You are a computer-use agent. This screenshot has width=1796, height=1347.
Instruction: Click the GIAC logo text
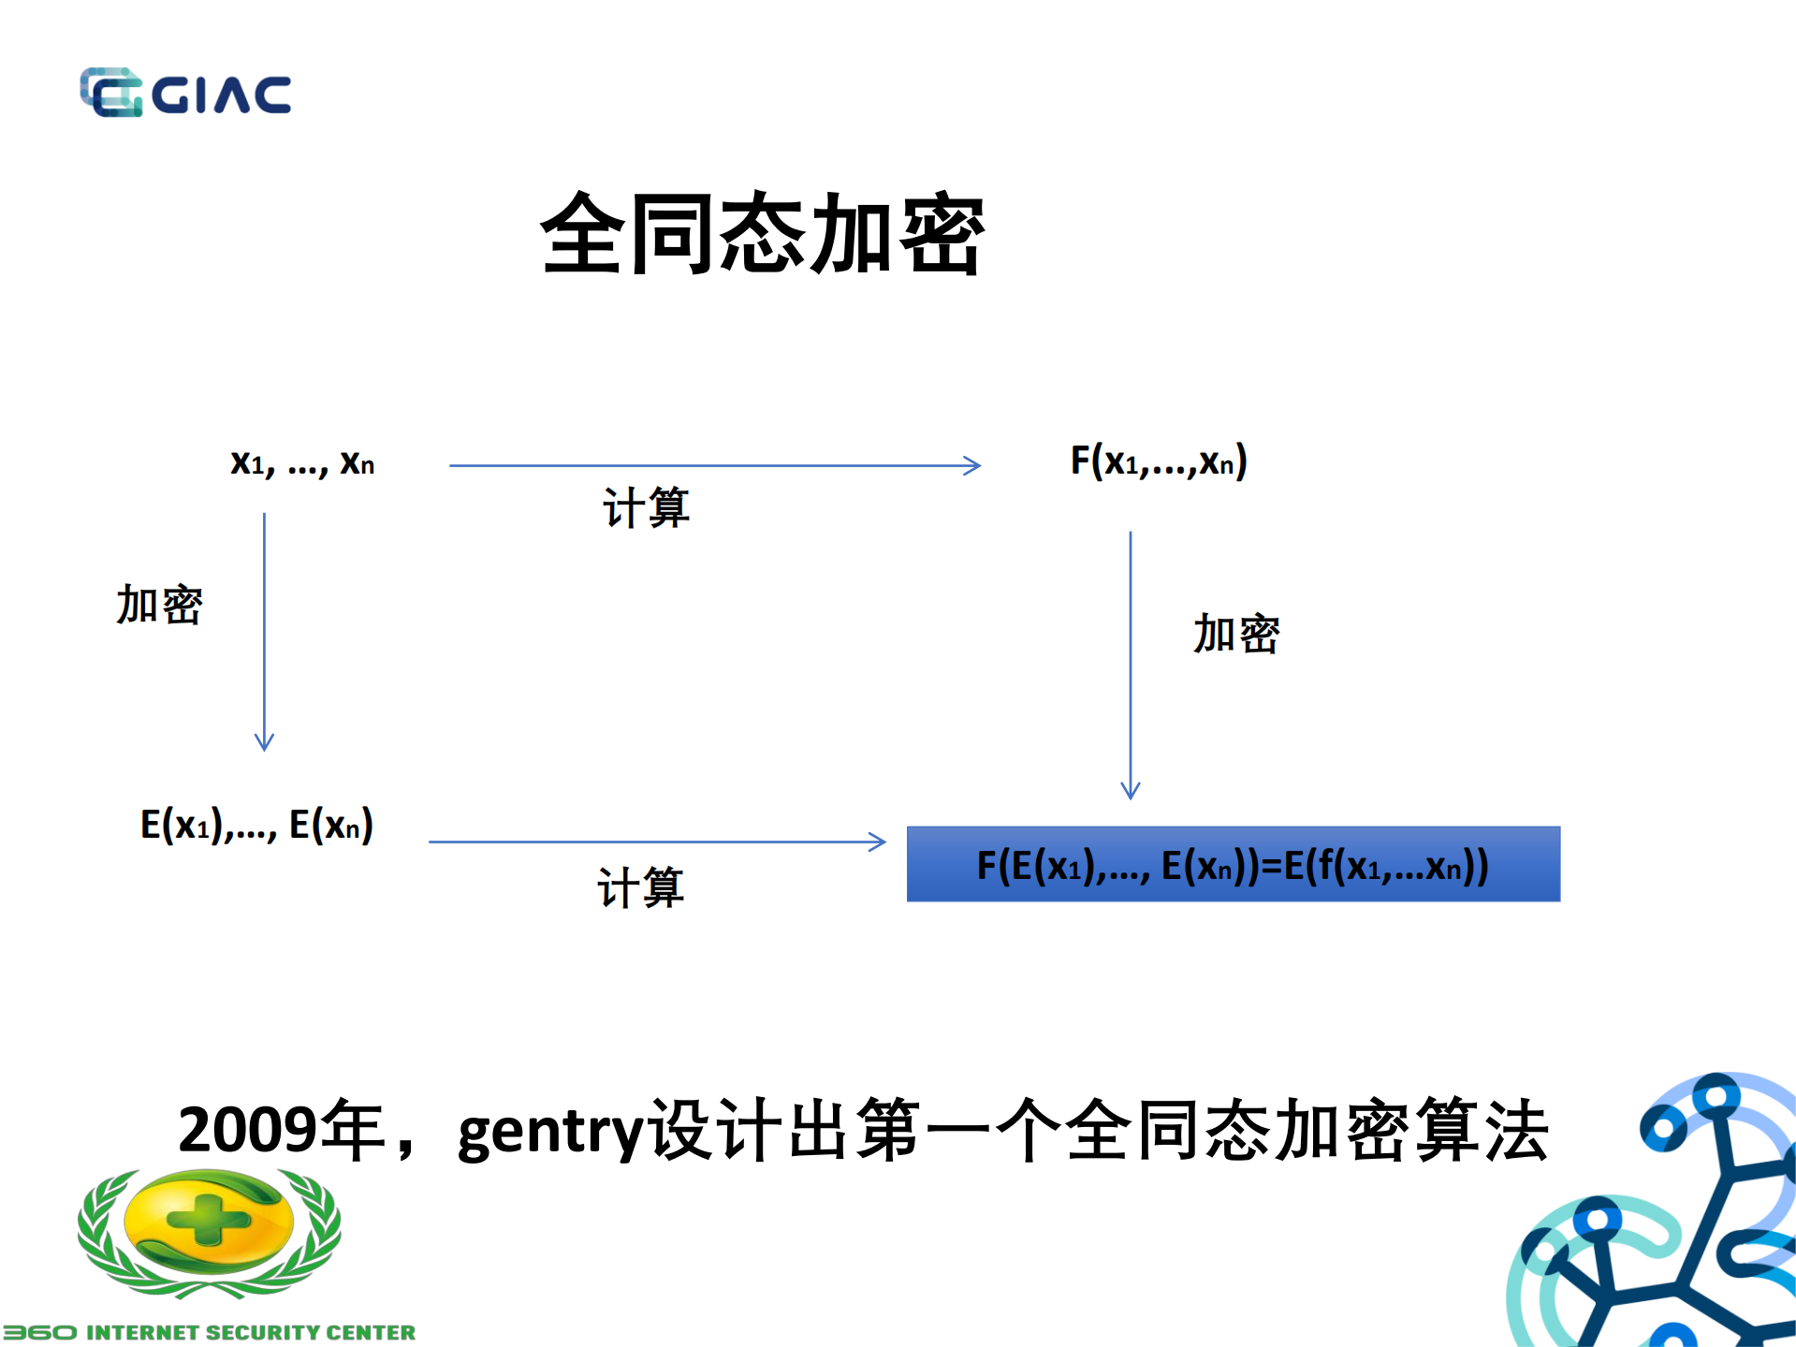tap(222, 95)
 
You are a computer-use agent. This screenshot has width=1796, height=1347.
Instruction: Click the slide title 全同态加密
tap(762, 234)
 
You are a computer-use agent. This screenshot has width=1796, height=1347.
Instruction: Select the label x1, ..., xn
tap(302, 462)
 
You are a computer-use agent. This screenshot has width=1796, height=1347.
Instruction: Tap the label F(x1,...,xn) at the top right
tap(1159, 461)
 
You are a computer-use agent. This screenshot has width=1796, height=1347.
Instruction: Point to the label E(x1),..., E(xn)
tap(256, 825)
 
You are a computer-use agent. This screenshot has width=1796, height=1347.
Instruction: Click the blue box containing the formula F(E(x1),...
tap(1233, 864)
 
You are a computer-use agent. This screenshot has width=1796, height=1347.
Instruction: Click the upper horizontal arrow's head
tap(974, 465)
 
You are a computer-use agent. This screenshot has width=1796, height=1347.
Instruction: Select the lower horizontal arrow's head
tap(879, 842)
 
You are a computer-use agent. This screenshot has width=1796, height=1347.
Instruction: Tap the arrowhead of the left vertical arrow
tap(264, 743)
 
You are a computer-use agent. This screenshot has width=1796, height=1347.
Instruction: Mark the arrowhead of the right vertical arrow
tap(1131, 791)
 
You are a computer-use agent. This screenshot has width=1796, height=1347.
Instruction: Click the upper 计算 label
tap(646, 508)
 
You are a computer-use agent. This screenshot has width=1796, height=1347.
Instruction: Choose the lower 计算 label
tap(641, 887)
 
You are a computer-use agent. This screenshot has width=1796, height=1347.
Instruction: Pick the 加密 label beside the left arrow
tap(159, 605)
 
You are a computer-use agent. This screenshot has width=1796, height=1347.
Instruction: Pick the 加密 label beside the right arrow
tap(1235, 634)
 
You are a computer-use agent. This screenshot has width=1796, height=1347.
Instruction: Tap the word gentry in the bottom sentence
tap(550, 1133)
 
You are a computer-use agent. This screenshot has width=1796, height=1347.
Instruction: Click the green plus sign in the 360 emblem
tap(209, 1219)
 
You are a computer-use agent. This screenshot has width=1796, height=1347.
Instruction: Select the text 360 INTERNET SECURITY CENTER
tap(210, 1332)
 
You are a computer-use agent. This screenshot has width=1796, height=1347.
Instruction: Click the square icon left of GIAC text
tap(110, 93)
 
